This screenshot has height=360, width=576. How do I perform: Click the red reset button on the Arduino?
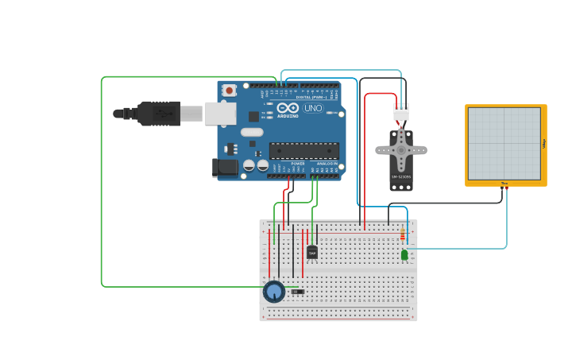click(x=229, y=91)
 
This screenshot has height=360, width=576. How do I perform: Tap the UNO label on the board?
click(x=313, y=108)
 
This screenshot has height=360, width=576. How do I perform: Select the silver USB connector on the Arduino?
click(x=220, y=114)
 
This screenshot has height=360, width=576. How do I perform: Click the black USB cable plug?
click(x=159, y=114)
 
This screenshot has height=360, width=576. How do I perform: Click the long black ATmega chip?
click(x=304, y=150)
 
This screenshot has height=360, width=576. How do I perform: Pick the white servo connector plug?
click(x=401, y=112)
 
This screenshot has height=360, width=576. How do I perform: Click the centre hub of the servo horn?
click(x=401, y=149)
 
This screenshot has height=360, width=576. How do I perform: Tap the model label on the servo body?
click(x=400, y=177)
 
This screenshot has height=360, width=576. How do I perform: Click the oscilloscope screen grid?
click(x=504, y=144)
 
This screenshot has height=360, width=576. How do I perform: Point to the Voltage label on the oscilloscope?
click(x=544, y=144)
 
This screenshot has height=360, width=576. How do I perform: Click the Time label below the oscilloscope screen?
click(x=504, y=184)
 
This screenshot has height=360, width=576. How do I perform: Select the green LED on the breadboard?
click(x=404, y=255)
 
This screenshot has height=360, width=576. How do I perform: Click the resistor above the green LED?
click(x=402, y=235)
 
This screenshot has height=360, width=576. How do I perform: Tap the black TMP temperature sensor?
click(x=312, y=253)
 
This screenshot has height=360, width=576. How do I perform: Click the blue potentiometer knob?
click(x=274, y=292)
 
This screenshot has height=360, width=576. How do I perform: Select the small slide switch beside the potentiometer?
click(x=297, y=292)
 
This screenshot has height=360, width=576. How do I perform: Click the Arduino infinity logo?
click(x=288, y=107)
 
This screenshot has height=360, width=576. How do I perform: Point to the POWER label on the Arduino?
click(x=287, y=163)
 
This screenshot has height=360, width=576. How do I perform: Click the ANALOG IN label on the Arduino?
click(x=326, y=163)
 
